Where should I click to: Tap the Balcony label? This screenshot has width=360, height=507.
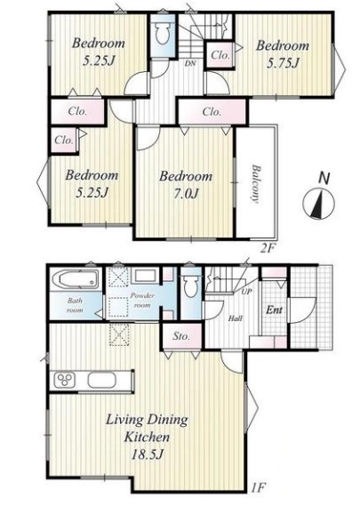[x=256, y=183]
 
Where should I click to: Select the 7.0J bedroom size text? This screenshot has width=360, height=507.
[x=186, y=193]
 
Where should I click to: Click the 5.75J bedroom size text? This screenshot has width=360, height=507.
[x=283, y=63]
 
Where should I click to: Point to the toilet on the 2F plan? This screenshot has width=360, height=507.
[x=163, y=34]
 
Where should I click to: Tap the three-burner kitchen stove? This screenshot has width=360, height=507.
[x=65, y=380]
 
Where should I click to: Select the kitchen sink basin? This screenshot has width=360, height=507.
[x=101, y=380]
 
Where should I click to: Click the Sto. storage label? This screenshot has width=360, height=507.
[x=181, y=336]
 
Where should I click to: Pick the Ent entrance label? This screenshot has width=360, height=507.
[x=274, y=310]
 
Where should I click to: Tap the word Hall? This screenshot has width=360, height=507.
[x=236, y=318]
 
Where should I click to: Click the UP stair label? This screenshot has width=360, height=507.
[x=246, y=292]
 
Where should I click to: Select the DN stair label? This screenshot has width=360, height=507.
[x=190, y=63]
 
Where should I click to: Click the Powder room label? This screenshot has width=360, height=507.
[x=142, y=300]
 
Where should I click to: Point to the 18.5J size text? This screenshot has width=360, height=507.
[x=147, y=455]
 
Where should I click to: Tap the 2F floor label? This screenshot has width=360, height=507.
[x=268, y=248]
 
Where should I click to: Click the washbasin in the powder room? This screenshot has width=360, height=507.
[x=145, y=277]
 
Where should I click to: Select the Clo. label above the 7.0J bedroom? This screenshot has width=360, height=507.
[x=212, y=112]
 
